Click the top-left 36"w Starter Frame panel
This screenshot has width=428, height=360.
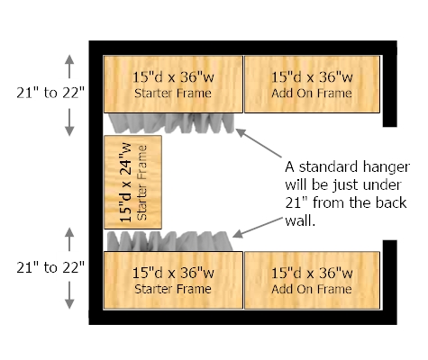coord(173,85)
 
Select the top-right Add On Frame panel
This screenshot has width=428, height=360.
coord(312,85)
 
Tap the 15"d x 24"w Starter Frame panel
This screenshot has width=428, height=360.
coord(132,182)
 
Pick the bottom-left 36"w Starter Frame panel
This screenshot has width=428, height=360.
coord(173,280)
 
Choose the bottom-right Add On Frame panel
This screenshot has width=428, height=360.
coord(312,280)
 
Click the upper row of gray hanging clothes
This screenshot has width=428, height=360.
coord(171,123)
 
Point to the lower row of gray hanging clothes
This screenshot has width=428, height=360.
coord(170,241)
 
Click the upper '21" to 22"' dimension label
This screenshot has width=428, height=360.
coord(50,93)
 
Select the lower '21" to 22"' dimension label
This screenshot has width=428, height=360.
coord(50,267)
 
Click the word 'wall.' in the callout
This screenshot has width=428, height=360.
coord(300,221)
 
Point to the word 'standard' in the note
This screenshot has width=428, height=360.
coord(328,166)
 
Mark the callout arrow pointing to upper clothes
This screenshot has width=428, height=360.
coord(259,143)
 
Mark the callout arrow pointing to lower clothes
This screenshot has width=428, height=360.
coord(258,228)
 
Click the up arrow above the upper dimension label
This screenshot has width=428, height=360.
coord(69,67)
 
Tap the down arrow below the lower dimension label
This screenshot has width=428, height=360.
coord(69,295)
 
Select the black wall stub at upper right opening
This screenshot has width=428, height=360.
coord(390,91)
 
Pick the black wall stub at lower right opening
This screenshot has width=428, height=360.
coord(390,275)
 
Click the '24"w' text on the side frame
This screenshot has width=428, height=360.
coord(126,159)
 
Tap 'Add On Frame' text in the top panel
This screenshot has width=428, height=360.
coord(312,94)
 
